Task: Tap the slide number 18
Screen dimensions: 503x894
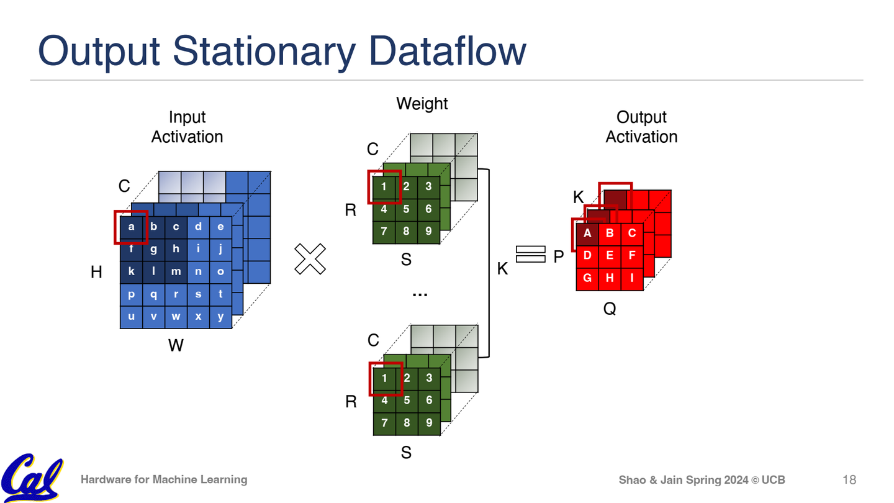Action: pos(849,479)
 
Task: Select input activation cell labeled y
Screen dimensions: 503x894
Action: pos(220,317)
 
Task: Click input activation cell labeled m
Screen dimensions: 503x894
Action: pos(176,272)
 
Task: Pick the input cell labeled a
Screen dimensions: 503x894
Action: pos(131,227)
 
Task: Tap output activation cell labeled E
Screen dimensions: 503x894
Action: pos(610,256)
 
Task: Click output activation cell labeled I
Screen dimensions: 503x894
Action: pos(632,278)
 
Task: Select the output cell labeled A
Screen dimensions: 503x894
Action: pos(587,233)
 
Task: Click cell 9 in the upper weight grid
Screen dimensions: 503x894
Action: pos(428,232)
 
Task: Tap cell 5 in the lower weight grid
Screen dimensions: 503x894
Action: pos(406,401)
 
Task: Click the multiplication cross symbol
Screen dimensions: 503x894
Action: pos(310,259)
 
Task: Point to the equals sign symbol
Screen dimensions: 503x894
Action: pos(530,255)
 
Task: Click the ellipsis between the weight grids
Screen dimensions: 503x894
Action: pos(420,294)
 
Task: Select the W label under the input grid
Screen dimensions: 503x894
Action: pos(176,345)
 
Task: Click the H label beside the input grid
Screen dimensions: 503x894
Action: pos(96,272)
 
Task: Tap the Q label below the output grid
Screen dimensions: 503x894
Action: pos(610,308)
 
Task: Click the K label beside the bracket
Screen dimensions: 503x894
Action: pos(502,269)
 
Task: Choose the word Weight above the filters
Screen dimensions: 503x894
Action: pos(422,104)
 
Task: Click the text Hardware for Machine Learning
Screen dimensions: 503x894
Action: pos(164,479)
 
